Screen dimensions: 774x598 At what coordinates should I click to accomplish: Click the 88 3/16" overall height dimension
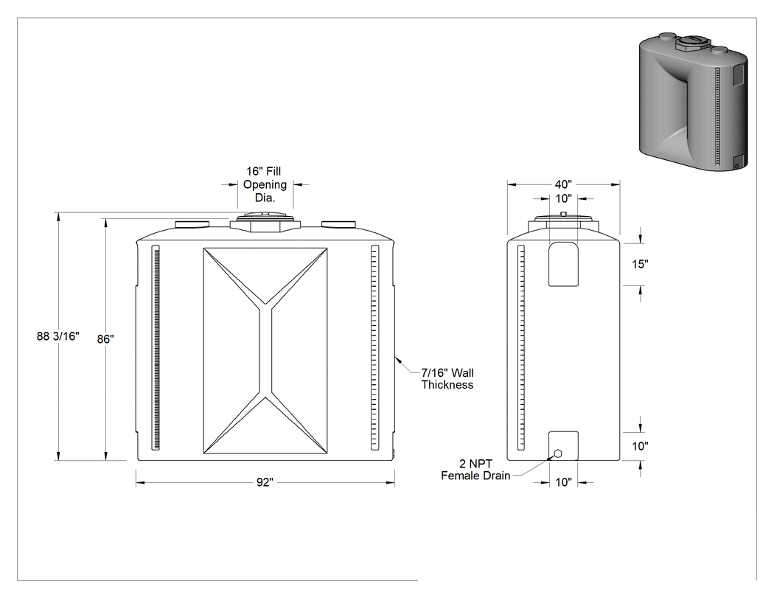coord(57,336)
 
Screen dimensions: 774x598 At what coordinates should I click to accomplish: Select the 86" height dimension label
coord(105,339)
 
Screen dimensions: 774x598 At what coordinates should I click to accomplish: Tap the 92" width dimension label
coord(265,482)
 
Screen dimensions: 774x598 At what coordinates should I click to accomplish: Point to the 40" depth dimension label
coord(563,184)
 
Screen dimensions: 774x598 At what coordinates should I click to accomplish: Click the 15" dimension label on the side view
coord(640,264)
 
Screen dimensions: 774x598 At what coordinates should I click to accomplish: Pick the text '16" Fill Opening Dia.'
coord(265,184)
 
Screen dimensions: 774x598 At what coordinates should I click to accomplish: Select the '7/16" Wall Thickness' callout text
coord(447,379)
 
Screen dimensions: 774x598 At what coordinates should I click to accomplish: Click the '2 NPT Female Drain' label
coord(475,470)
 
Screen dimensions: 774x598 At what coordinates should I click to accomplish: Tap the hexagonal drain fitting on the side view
coord(558,453)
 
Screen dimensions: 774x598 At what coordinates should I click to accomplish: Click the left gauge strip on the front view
coord(156,347)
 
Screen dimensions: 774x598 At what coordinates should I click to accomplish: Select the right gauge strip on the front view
coord(374,347)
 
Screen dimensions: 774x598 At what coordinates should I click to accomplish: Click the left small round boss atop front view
coord(192,225)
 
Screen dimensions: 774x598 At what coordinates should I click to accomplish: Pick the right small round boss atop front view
coord(338,225)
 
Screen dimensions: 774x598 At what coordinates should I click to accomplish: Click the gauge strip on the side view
coord(520,347)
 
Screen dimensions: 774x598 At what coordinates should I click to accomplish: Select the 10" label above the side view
coord(563,198)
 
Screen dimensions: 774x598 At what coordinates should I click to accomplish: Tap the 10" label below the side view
coord(563,482)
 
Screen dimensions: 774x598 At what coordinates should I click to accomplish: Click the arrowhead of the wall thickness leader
coord(397,360)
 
